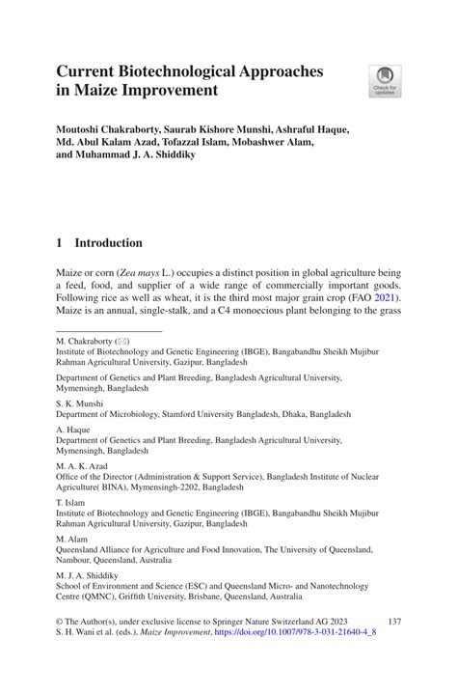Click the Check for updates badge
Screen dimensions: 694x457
click(388, 81)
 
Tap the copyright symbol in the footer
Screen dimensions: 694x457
click(59, 651)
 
